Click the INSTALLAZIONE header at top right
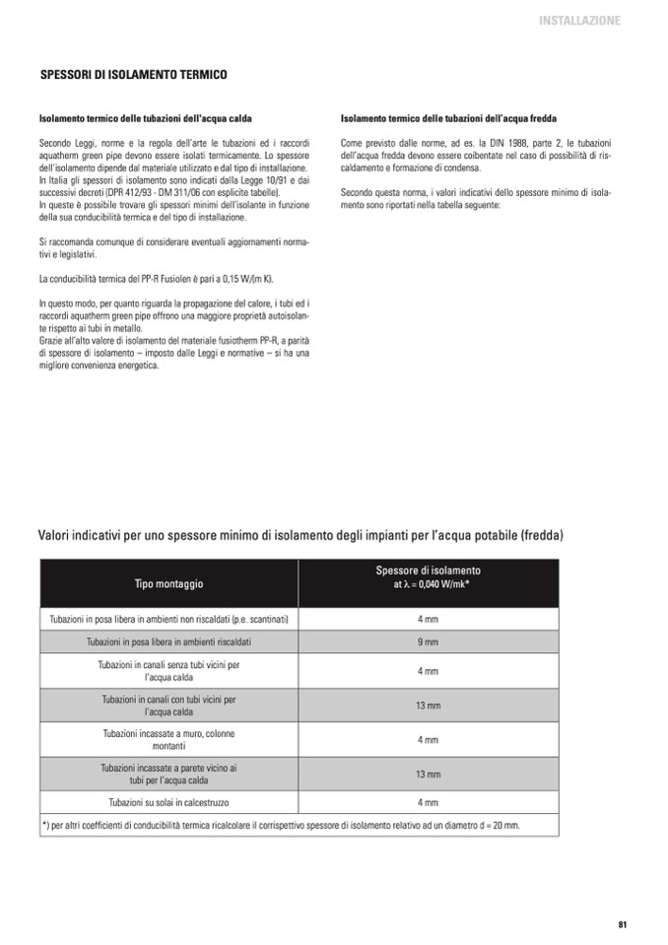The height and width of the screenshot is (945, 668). [579, 21]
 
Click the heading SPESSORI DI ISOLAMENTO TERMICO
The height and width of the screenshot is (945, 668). [134, 75]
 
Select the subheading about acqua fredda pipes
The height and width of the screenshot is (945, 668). [447, 119]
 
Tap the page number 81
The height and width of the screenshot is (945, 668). [623, 923]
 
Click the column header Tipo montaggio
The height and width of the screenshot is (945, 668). [168, 584]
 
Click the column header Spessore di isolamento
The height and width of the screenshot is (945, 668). [428, 571]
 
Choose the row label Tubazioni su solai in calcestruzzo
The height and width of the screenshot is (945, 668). [168, 802]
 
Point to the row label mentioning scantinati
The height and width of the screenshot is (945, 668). [168, 619]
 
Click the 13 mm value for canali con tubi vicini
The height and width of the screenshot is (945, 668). [428, 706]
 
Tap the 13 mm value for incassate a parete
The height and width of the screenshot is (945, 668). [428, 775]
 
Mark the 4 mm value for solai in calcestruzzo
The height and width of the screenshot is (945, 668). [428, 802]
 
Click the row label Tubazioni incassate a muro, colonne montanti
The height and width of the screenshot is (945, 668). [168, 739]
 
